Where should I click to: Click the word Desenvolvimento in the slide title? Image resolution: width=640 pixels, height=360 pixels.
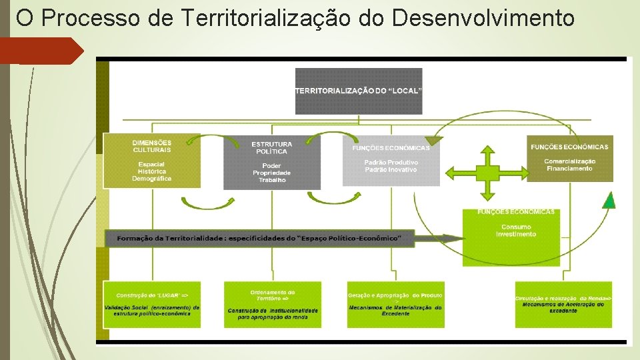[x=483, y=18]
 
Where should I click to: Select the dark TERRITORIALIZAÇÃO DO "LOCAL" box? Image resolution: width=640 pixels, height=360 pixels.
[x=359, y=91]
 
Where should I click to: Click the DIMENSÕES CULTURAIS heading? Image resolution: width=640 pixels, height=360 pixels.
[x=151, y=146]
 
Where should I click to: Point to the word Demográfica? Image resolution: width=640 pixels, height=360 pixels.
[x=151, y=179]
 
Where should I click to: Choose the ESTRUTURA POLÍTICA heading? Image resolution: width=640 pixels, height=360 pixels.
[x=271, y=148]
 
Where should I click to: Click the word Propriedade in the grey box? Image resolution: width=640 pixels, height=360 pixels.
[x=271, y=173]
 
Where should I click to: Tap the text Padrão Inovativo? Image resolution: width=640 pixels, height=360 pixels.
[x=391, y=169]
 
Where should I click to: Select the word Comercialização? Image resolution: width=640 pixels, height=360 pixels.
[x=569, y=161]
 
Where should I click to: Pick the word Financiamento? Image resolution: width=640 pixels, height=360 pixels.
[x=569, y=169]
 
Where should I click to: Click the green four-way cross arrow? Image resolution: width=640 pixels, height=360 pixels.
[x=488, y=173]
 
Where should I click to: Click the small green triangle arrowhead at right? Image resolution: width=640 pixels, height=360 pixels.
[x=609, y=200]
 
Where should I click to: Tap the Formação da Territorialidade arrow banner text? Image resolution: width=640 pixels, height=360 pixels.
[x=259, y=238]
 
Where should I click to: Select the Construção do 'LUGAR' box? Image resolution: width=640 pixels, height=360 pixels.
[x=152, y=304]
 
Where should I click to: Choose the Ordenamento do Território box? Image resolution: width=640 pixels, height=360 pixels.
[x=273, y=304]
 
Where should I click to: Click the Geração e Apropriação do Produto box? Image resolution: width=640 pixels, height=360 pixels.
[x=395, y=304]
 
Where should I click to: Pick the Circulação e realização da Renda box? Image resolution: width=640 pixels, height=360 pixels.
[x=563, y=304]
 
